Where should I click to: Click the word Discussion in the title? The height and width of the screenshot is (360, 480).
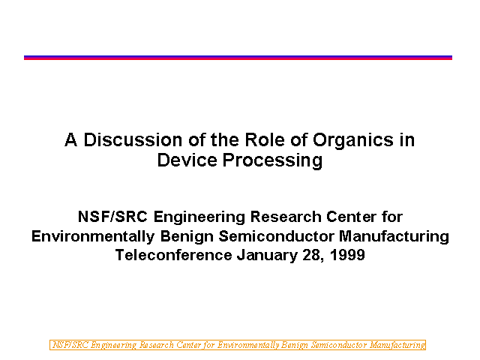click(x=133, y=140)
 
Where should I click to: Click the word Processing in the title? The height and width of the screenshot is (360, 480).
click(x=272, y=161)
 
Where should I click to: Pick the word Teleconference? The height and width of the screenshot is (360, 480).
click(x=173, y=255)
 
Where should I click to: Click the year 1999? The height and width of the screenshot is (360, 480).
click(x=347, y=255)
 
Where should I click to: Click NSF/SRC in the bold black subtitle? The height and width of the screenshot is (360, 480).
click(x=112, y=217)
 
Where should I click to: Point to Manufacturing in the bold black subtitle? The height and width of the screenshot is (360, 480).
click(x=394, y=237)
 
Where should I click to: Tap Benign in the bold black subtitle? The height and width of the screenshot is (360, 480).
click(x=187, y=237)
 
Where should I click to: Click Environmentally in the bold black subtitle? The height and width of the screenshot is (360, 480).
click(x=93, y=237)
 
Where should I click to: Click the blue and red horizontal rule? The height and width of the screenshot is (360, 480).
click(x=238, y=58)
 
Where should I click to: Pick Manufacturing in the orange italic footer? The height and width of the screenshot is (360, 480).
click(x=397, y=345)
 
